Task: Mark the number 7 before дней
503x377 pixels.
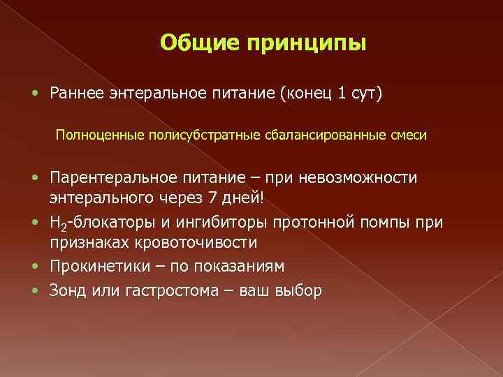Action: tap(213, 199)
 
